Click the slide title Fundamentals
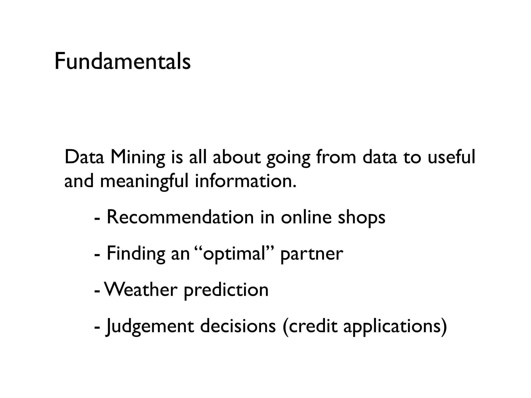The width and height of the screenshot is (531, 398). [122, 61]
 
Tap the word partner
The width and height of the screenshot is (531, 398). [312, 254]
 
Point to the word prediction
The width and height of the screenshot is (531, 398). [226, 290]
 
